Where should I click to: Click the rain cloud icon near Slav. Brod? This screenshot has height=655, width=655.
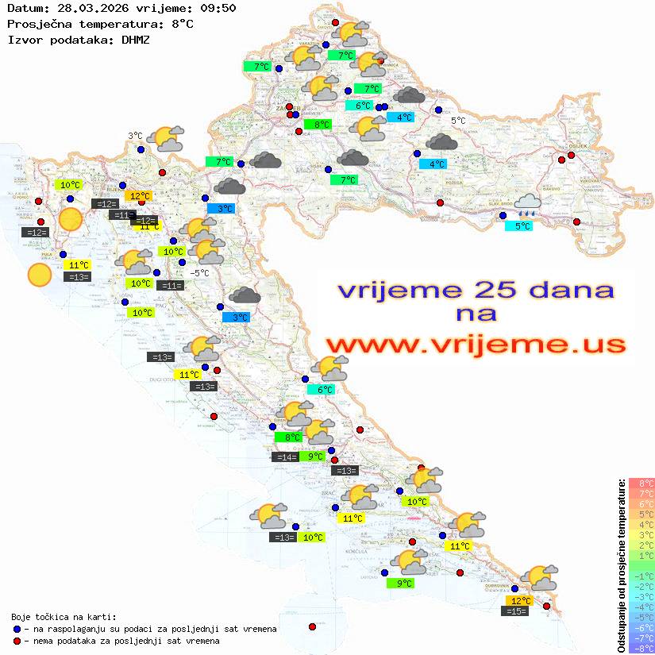click(526, 206)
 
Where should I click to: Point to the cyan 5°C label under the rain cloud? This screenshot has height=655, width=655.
click(518, 226)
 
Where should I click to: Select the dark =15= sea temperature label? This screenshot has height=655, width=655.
click(516, 611)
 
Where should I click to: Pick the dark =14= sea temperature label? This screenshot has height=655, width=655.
click(285, 457)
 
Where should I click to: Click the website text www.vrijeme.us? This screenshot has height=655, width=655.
click(476, 345)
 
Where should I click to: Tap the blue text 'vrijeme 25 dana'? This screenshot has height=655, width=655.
click(476, 290)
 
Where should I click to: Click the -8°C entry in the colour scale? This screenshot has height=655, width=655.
click(642, 648)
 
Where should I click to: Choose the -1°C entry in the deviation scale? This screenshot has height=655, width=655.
click(642, 576)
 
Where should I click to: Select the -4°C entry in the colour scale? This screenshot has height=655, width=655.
click(642, 607)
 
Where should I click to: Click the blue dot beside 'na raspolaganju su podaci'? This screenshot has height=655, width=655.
click(16, 629)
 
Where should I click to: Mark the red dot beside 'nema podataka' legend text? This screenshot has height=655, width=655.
click(16, 641)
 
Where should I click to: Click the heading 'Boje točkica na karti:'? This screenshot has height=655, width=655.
click(64, 617)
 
